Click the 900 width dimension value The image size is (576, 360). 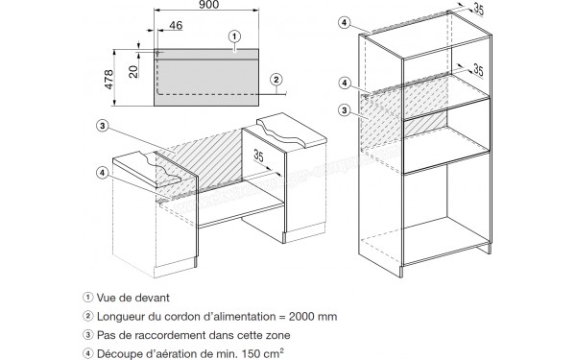tap(208, 5)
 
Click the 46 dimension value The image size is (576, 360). tap(176, 25)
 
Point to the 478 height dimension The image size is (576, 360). tap(109, 80)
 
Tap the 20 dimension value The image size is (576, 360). tap(134, 71)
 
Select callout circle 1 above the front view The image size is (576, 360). tap(234, 36)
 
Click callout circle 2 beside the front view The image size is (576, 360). tap(276, 80)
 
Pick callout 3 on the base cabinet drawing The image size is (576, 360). tap(102, 126)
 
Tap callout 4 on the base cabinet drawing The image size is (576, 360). tap(102, 172)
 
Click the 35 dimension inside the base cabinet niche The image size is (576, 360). tap(258, 156)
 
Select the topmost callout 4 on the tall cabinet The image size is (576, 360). tap(344, 22)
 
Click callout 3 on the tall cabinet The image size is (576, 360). tap(345, 110)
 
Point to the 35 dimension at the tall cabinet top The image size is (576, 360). tap(478, 10)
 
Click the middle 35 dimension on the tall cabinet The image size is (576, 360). tap(478, 69)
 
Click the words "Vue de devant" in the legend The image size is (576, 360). tap(133, 298)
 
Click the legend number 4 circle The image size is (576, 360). tap(87, 353)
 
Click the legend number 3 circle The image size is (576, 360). tap(87, 335)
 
